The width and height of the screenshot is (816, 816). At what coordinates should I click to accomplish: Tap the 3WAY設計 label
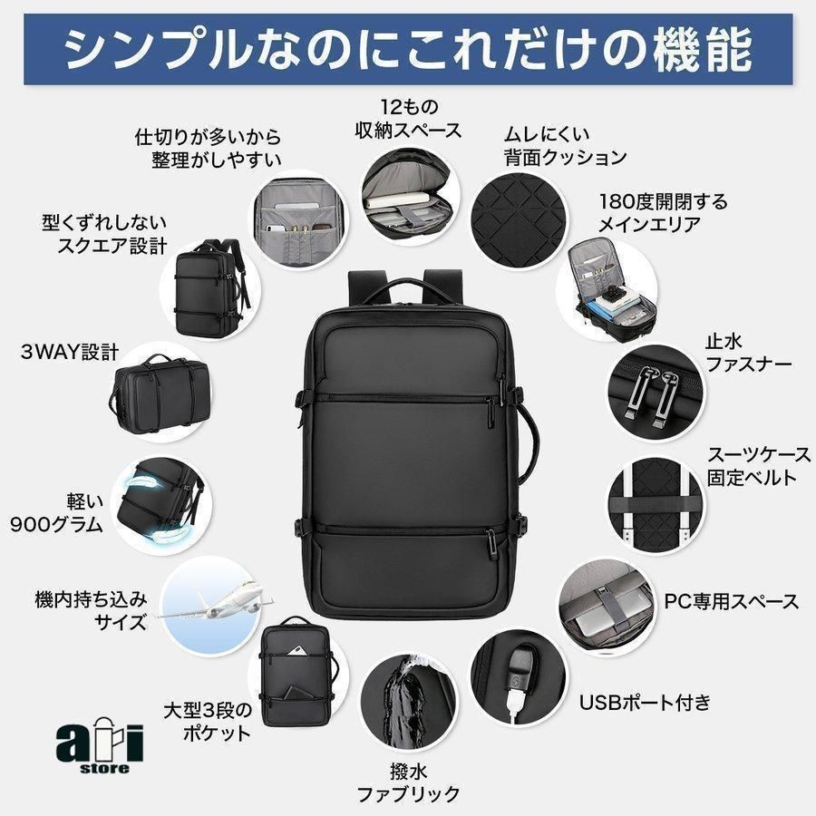tap(70, 353)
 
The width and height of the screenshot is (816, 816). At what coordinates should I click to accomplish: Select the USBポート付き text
tap(646, 703)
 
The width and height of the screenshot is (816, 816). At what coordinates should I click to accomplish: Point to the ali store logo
tap(100, 746)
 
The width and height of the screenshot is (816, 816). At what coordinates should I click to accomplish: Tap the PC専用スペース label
tap(731, 602)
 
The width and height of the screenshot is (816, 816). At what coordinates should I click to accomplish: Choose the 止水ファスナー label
tap(748, 353)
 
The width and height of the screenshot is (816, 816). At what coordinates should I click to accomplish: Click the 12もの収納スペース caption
tap(409, 119)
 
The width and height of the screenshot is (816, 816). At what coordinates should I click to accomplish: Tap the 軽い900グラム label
tap(57, 513)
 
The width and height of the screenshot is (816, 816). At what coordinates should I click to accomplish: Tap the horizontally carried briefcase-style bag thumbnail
tap(160, 392)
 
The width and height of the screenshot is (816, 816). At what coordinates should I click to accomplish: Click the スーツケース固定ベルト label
tap(758, 467)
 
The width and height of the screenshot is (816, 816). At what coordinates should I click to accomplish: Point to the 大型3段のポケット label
tap(208, 722)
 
